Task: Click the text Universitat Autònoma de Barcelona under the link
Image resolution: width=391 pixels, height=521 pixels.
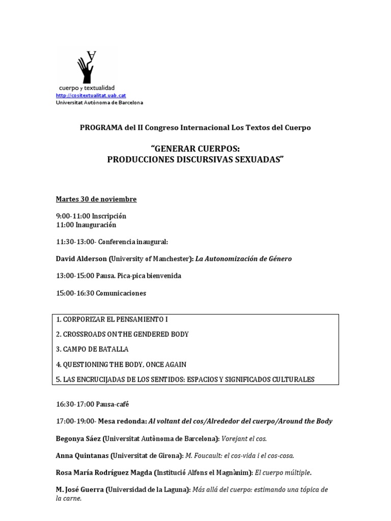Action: coord(99,102)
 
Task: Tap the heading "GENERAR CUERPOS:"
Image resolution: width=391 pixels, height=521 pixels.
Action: coord(195,149)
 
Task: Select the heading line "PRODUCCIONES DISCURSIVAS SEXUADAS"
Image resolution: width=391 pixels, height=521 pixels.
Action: coord(195,159)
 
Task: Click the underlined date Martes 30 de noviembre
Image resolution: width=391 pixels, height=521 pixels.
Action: coord(96,199)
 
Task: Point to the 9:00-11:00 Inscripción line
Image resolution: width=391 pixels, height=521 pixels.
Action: coord(91,216)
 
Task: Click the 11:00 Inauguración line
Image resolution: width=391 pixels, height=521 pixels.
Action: coord(86,224)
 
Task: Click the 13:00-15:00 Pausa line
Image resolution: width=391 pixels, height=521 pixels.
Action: coord(118,276)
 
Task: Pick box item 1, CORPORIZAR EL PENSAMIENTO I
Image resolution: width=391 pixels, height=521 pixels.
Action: coord(112,320)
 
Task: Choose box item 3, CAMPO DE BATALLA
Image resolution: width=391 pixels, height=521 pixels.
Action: coord(93,349)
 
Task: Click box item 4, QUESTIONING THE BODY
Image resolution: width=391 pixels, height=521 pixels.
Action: coord(122,364)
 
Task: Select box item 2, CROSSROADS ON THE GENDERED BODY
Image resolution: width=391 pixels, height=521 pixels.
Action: coord(123,334)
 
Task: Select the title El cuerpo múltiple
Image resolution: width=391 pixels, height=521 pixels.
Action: coord(282,473)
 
